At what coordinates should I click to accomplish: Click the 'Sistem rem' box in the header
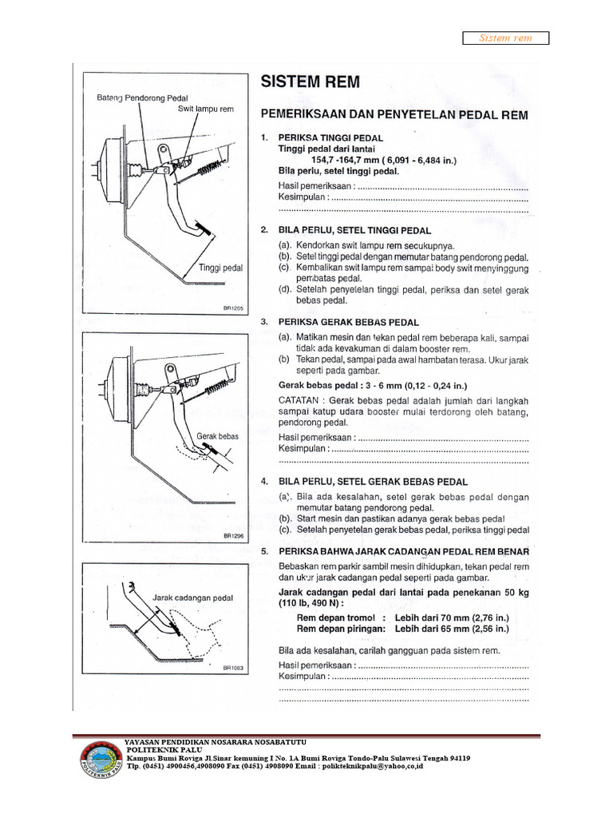tap(506, 38)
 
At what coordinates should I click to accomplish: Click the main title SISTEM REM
tap(310, 81)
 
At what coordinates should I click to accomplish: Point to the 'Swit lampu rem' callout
tap(205, 109)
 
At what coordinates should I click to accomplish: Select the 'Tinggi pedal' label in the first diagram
tap(220, 268)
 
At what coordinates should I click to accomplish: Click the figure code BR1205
tap(232, 308)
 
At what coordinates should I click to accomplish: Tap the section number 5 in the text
tap(263, 551)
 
